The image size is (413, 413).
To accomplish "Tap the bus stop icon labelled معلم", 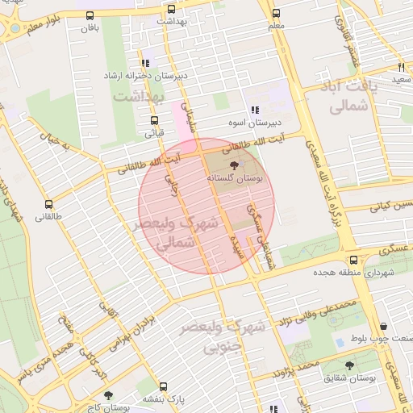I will [x=277, y=13].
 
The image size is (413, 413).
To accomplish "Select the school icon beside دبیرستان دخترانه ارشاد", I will [x=145, y=62].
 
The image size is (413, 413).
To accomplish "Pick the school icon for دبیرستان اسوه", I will [x=255, y=110].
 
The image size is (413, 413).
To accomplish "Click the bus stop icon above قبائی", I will [x=154, y=121].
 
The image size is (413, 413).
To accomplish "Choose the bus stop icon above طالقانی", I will [x=49, y=204].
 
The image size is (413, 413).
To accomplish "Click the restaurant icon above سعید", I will [x=401, y=67].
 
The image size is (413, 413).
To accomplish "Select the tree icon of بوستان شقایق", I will [x=349, y=365].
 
